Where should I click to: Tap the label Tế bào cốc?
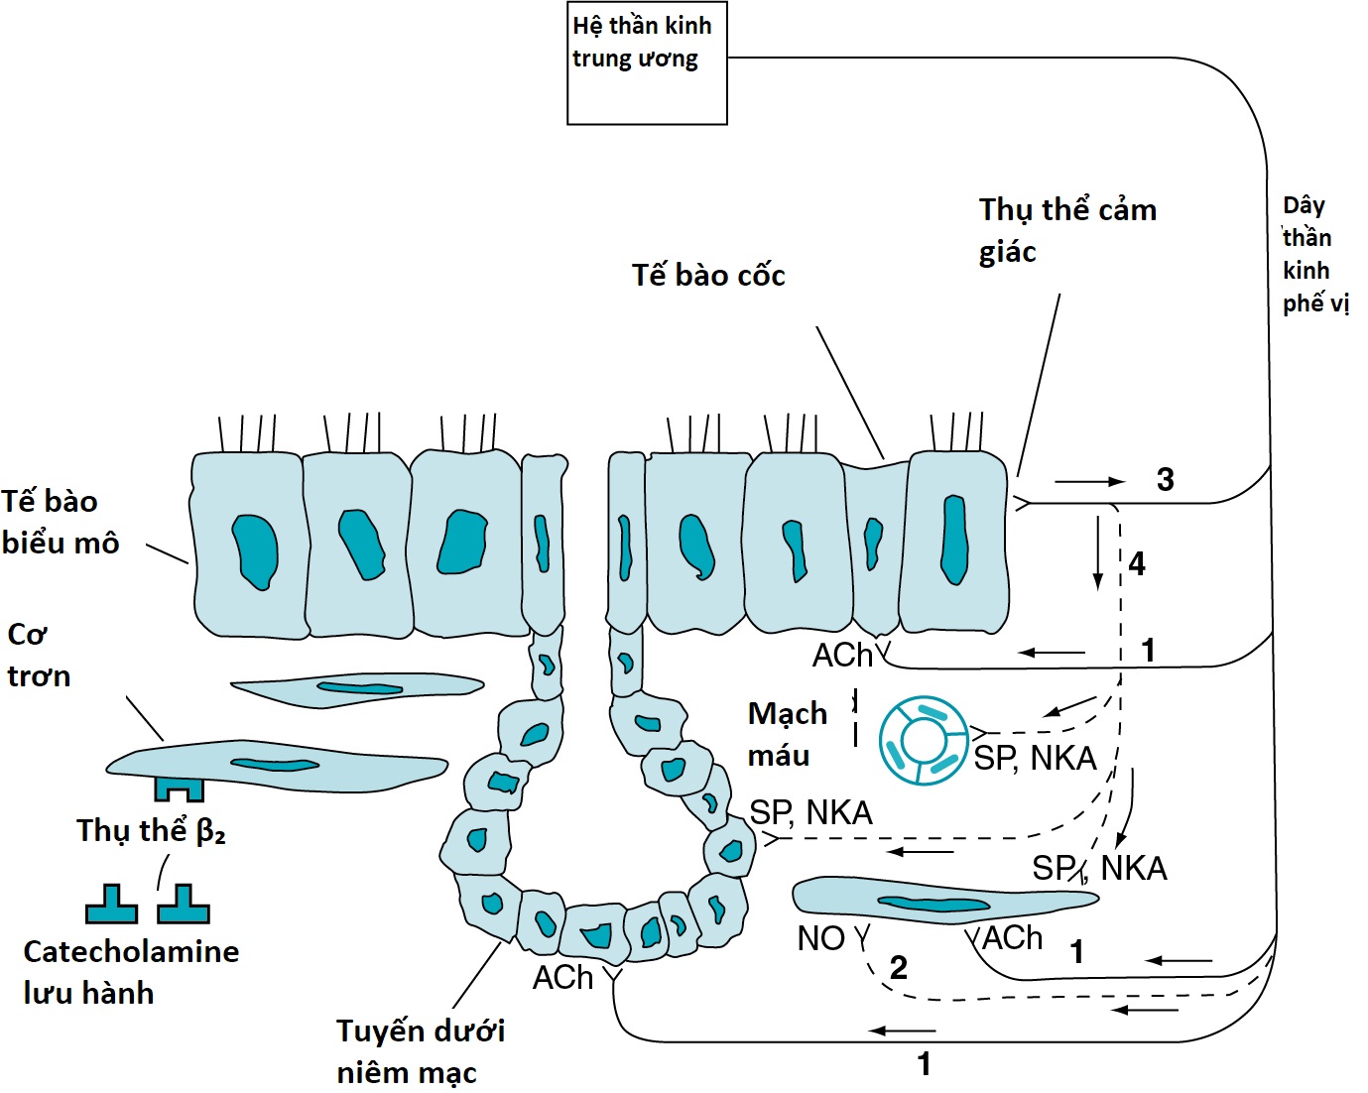[x=708, y=275]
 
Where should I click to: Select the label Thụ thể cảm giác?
[x=1066, y=230]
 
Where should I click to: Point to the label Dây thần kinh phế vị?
[x=1314, y=254]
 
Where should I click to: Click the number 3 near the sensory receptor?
[x=1166, y=480]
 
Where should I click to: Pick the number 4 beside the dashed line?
[x=1137, y=564]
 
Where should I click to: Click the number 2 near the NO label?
[x=898, y=967]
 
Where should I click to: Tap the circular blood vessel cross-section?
[x=923, y=740]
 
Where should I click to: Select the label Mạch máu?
[x=787, y=734]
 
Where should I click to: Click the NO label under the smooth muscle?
[x=820, y=938]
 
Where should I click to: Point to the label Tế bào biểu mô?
[x=60, y=522]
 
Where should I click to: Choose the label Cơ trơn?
[x=38, y=655]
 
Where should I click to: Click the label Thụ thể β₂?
[x=151, y=830]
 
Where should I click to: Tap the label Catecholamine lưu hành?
[x=130, y=972]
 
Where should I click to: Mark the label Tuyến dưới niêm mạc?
[x=420, y=1051]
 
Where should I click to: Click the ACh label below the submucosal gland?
[x=562, y=978]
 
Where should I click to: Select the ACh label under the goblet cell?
[x=842, y=656]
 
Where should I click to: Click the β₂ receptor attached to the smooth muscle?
[x=179, y=789]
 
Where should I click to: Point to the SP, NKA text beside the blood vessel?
[x=1035, y=759]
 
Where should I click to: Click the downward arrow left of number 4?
[x=1097, y=551]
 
